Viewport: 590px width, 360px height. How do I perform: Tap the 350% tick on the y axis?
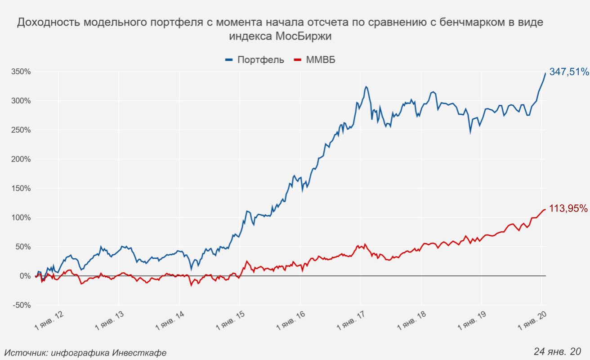click(x=21, y=72)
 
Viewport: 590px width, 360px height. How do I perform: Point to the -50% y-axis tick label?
click(x=21, y=305)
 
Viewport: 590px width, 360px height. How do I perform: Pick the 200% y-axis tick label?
click(x=21, y=159)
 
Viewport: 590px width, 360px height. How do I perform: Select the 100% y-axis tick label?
click(x=21, y=218)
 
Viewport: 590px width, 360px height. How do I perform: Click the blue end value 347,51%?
click(x=568, y=72)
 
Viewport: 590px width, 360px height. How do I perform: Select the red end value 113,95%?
click(x=568, y=208)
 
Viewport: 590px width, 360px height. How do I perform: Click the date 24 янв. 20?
click(x=557, y=351)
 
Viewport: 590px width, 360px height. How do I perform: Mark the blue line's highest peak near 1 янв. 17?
click(x=366, y=86)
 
